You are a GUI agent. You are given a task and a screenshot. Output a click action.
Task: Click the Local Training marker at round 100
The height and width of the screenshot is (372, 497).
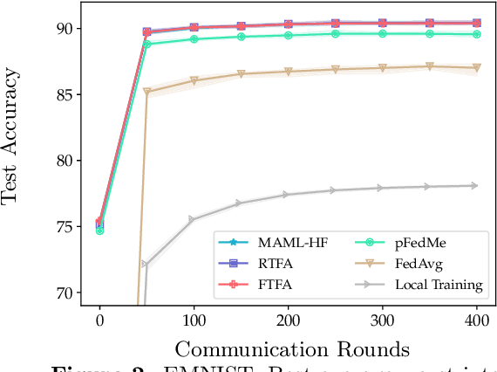193,220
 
